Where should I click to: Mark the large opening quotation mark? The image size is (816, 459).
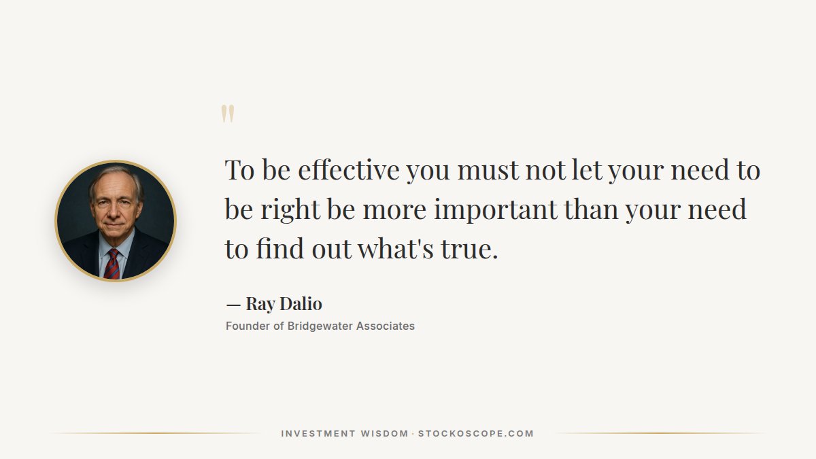[x=228, y=114]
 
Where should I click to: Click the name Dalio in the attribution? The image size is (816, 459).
[x=300, y=304]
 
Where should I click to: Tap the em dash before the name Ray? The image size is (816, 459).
[x=233, y=304]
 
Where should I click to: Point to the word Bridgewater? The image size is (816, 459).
[x=320, y=326]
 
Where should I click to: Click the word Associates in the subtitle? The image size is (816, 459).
[x=386, y=326]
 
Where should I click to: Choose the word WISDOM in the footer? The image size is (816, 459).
[x=384, y=434]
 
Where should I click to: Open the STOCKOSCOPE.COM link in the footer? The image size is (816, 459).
[x=476, y=434]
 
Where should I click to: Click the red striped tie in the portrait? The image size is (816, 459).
[x=112, y=264]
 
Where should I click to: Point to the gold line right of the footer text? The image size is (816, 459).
[x=660, y=433]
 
